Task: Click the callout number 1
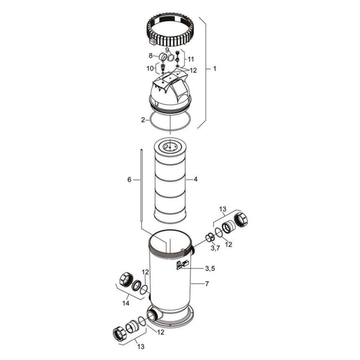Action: point(215,69)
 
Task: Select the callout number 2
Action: point(143,120)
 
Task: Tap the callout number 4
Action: point(196,179)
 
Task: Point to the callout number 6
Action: point(130,180)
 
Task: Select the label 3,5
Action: point(210,269)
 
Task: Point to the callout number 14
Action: point(126,304)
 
